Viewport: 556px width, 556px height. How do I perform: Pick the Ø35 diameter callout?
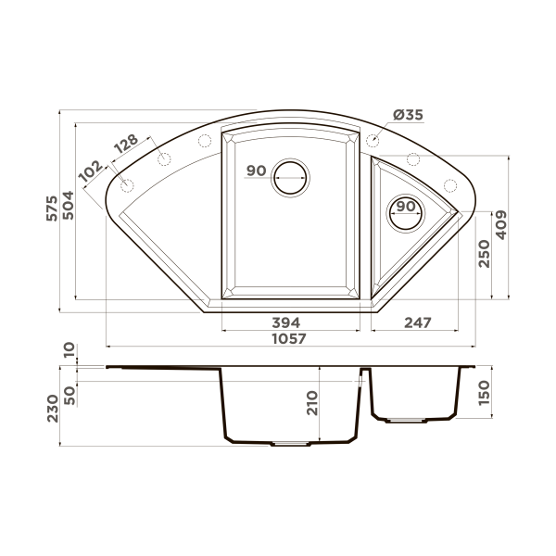click(408, 116)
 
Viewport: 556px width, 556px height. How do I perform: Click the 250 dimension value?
click(483, 252)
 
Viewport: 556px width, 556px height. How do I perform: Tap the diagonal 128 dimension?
click(126, 145)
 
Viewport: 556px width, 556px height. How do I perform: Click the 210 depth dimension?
click(311, 402)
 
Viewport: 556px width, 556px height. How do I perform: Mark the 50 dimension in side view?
click(69, 392)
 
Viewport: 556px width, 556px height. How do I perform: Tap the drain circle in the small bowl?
click(405, 213)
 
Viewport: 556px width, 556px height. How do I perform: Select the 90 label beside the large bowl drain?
click(257, 171)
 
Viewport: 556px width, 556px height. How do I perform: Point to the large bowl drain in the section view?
click(290, 444)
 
